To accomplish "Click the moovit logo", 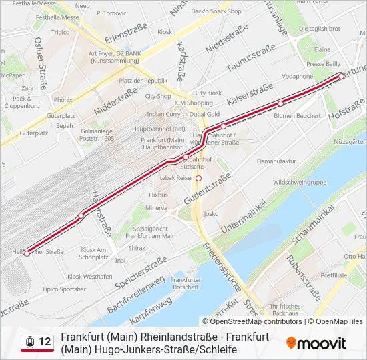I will pyautogui.click(x=316, y=343).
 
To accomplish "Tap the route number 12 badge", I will pyautogui.click(x=45, y=342).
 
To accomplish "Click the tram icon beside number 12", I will pyautogui.click(x=30, y=342).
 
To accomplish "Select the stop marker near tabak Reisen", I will pyautogui.click(x=198, y=178).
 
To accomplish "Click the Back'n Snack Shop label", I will pyautogui.click(x=216, y=11).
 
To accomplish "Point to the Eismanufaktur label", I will pyautogui.click(x=276, y=161).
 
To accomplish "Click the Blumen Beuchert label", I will pyautogui.click(x=297, y=115).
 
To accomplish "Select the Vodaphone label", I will pyautogui.click(x=298, y=76).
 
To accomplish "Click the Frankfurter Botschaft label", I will pyautogui.click(x=186, y=283).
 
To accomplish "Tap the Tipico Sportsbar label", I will pyautogui.click(x=64, y=289).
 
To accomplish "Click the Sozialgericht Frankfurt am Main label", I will pyautogui.click(x=150, y=231).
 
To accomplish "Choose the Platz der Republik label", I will pyautogui.click(x=143, y=81).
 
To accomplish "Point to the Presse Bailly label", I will pyautogui.click(x=323, y=64).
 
